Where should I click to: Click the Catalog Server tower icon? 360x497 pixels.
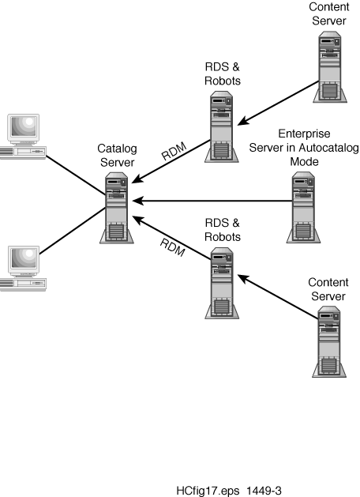click(x=117, y=208)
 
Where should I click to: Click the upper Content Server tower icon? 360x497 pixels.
click(x=330, y=67)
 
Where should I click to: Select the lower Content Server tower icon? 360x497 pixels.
click(x=329, y=341)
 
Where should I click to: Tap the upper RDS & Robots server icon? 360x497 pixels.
click(x=222, y=126)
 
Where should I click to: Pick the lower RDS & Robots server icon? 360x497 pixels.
click(x=222, y=283)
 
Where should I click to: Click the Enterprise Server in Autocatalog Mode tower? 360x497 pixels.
click(x=303, y=208)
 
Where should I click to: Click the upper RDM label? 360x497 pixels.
click(x=174, y=151)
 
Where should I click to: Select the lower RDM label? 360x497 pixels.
click(x=173, y=247)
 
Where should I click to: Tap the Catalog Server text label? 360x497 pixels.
click(x=117, y=156)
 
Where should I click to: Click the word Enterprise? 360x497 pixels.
click(x=304, y=134)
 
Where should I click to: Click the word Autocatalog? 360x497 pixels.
click(x=328, y=148)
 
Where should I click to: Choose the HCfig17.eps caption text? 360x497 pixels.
click(x=208, y=491)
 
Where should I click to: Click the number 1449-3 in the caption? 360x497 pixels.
click(x=264, y=491)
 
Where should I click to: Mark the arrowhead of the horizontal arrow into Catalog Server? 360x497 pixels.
click(x=137, y=201)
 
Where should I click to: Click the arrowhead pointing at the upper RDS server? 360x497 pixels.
click(x=243, y=121)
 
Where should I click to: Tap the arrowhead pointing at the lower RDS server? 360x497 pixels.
click(x=243, y=279)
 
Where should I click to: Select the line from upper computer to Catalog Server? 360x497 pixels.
click(x=76, y=175)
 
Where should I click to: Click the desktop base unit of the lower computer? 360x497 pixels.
click(x=23, y=284)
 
